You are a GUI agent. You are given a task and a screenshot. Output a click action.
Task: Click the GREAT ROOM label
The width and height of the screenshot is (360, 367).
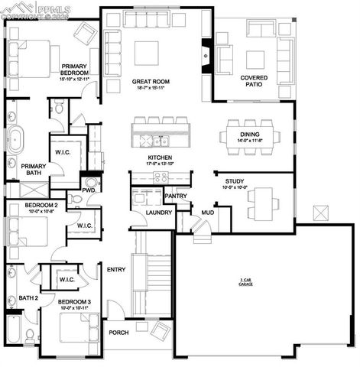point(150,81)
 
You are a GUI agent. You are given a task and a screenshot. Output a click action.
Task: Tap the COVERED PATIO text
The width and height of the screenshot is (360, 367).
point(254,81)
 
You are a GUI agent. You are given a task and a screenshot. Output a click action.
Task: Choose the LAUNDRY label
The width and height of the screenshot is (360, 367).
point(159,212)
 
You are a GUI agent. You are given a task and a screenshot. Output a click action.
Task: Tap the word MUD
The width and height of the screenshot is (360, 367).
point(207,212)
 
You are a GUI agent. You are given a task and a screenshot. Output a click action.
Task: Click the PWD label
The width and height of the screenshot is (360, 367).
point(89,190)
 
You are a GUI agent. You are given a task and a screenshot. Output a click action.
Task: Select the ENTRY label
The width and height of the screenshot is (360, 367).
point(116,269)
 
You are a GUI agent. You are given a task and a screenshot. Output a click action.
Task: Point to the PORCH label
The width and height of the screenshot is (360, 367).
point(118,333)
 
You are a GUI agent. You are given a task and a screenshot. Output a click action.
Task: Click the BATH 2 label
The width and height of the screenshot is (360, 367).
point(28,297)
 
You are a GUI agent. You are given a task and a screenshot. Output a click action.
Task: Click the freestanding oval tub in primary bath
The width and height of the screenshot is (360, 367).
point(14,141)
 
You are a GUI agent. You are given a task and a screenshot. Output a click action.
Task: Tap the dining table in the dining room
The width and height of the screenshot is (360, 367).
point(249,136)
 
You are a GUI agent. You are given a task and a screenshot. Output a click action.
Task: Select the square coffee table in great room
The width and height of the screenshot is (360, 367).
point(147,53)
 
